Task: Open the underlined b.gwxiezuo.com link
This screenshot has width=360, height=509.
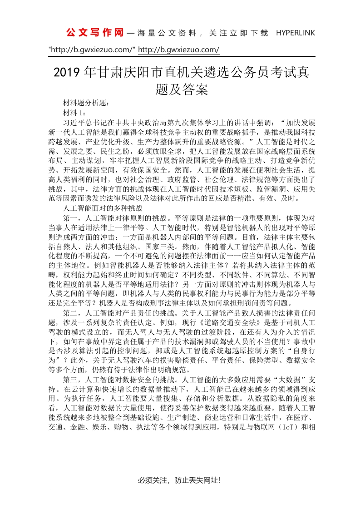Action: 178,49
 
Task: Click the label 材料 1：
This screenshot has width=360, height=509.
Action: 75,113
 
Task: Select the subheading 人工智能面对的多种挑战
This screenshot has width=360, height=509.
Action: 104,208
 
